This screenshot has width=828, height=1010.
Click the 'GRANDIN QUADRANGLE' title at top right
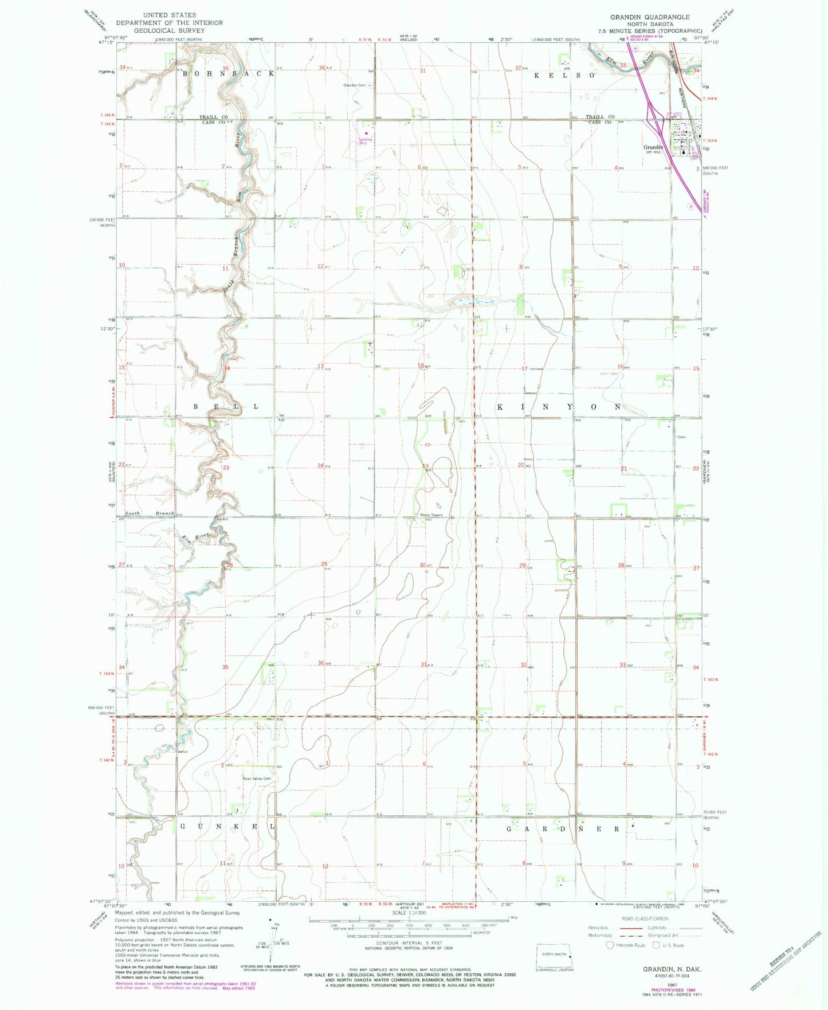point(650,17)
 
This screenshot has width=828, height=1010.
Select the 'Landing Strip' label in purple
point(365,140)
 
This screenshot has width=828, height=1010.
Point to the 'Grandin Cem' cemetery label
point(354,85)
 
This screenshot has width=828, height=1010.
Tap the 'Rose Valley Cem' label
point(256,778)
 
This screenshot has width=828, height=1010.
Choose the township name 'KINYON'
point(559,407)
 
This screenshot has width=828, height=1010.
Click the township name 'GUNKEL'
point(227,827)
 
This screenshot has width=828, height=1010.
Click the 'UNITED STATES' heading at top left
point(169,15)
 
